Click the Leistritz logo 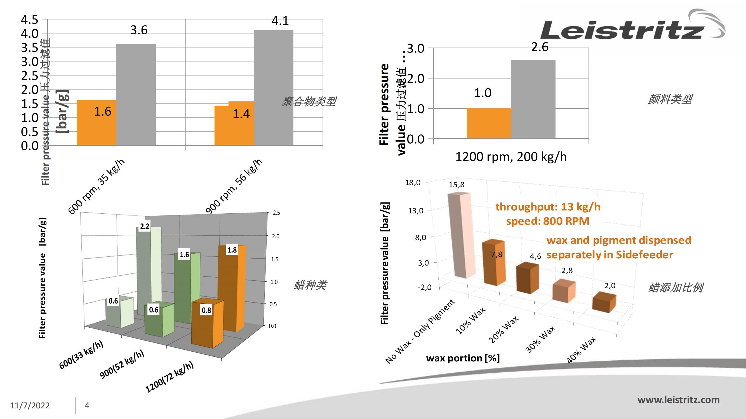tap(631, 27)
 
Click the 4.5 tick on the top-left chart tap(30, 20)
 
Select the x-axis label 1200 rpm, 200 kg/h tap(511, 157)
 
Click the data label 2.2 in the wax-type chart tap(145, 226)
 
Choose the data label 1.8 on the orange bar tap(232, 250)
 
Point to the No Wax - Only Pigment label tap(420, 331)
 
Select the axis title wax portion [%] tap(463, 358)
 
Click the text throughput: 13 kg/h tap(548, 207)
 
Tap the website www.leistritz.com tap(678, 400)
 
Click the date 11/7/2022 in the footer tap(30, 405)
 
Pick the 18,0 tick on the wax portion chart tap(412, 182)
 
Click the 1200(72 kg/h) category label tap(170, 377)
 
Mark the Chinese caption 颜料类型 tap(670, 99)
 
